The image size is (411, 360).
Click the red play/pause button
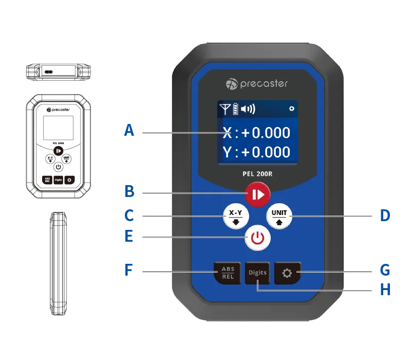click(x=257, y=194)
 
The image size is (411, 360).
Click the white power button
click(x=257, y=238)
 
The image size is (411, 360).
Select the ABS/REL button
click(x=228, y=273)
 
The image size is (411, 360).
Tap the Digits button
click(x=257, y=273)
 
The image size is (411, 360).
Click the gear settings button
click(x=287, y=273)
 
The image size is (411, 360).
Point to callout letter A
click(x=129, y=130)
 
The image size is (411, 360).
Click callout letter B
click(x=129, y=192)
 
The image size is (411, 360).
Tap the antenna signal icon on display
click(x=225, y=109)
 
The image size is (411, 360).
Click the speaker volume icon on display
click(x=248, y=109)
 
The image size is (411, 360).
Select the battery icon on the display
click(x=236, y=109)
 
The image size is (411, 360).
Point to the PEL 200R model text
click(x=257, y=174)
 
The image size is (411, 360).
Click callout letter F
click(x=129, y=269)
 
